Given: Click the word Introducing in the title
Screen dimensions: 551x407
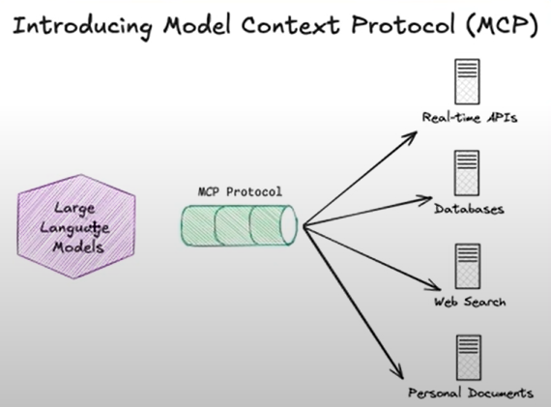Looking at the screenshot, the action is tap(82, 26).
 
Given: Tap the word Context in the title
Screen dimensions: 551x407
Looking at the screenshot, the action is tap(290, 24).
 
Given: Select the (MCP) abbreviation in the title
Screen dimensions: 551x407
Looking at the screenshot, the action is tap(503, 25).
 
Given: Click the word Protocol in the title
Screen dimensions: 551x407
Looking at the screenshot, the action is tap(403, 24).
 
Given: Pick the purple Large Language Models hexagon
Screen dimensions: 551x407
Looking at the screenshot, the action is tap(76, 226).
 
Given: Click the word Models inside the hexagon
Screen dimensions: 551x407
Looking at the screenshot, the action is tap(78, 247).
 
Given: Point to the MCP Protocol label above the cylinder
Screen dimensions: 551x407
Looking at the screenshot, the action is tap(240, 191).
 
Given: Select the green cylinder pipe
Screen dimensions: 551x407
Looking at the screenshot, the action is tap(240, 225).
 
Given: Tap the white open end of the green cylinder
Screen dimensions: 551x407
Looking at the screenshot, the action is tap(289, 225).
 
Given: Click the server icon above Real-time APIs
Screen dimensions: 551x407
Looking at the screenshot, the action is tap(467, 81).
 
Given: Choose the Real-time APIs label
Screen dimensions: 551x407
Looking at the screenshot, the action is tap(470, 117).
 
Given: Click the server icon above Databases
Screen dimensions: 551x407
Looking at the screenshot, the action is tap(467, 173).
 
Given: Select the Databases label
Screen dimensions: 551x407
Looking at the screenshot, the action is tap(469, 209).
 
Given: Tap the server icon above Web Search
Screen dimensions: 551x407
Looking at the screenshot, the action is tap(468, 267).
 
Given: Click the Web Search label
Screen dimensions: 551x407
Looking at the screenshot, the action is tap(470, 302).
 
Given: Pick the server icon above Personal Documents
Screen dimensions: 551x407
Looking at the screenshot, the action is tap(469, 358).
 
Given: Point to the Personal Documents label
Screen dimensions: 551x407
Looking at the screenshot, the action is tap(471, 392).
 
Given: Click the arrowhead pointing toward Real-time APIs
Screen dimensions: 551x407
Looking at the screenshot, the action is tap(412, 135).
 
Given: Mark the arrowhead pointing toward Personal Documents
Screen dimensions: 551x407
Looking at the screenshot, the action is tap(399, 372).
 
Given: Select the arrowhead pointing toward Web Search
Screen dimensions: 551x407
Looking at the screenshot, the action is tap(434, 286).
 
